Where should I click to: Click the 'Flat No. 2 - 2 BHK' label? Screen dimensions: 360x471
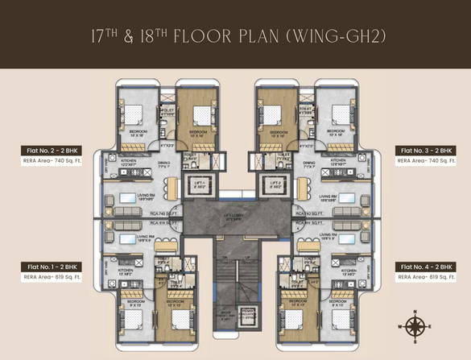[49, 150]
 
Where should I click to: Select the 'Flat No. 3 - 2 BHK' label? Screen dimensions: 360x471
[425, 150]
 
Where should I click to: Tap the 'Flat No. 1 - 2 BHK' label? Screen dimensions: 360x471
[49, 265]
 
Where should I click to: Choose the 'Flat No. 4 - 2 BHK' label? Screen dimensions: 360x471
[425, 265]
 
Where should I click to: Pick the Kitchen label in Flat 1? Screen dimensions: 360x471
[126, 271]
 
